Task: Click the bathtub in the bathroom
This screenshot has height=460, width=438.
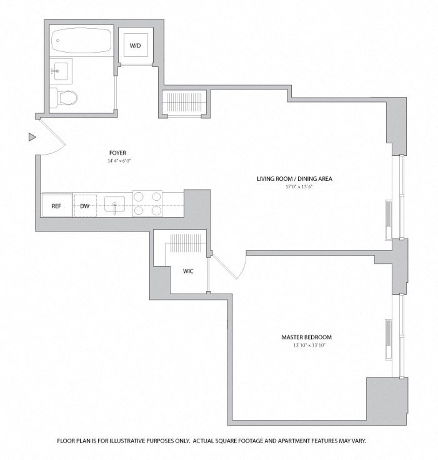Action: click(80, 41)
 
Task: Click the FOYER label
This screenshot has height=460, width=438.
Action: click(118, 153)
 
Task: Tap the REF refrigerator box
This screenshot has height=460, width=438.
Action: click(56, 206)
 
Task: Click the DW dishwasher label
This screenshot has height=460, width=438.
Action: click(85, 206)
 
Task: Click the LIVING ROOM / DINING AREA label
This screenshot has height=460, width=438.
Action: click(294, 179)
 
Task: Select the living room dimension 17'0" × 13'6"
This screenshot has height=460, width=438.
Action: click(294, 186)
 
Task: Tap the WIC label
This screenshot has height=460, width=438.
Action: click(188, 271)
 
